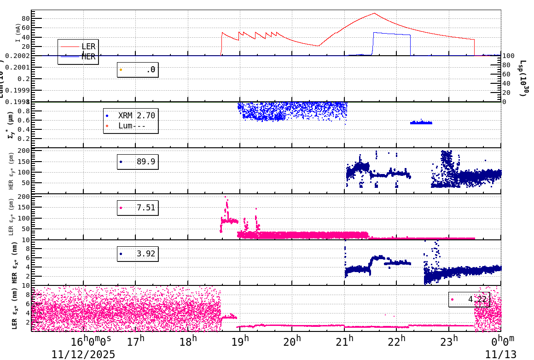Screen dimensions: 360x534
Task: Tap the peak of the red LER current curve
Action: tap(374, 13)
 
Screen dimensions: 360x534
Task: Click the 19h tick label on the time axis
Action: tap(239, 342)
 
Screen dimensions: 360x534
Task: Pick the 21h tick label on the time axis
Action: tap(344, 342)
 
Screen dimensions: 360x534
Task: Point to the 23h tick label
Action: tap(449, 342)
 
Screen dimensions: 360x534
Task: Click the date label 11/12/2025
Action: tap(83, 354)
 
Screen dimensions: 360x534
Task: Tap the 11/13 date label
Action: tap(500, 354)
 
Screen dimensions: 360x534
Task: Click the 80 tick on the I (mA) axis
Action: tap(25, 19)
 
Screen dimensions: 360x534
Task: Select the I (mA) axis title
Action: tap(18, 33)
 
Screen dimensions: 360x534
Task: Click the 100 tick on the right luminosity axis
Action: tap(508, 56)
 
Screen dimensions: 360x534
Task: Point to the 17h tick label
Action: tap(135, 342)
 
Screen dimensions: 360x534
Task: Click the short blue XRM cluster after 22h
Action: tap(421, 123)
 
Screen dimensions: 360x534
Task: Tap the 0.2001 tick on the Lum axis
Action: tap(18, 67)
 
